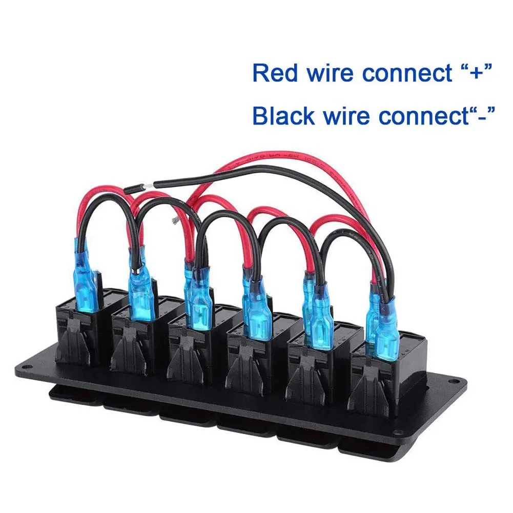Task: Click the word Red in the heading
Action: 276,73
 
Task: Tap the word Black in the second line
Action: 283,116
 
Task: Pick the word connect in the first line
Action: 407,74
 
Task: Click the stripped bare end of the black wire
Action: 149,186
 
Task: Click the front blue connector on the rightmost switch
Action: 387,331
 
